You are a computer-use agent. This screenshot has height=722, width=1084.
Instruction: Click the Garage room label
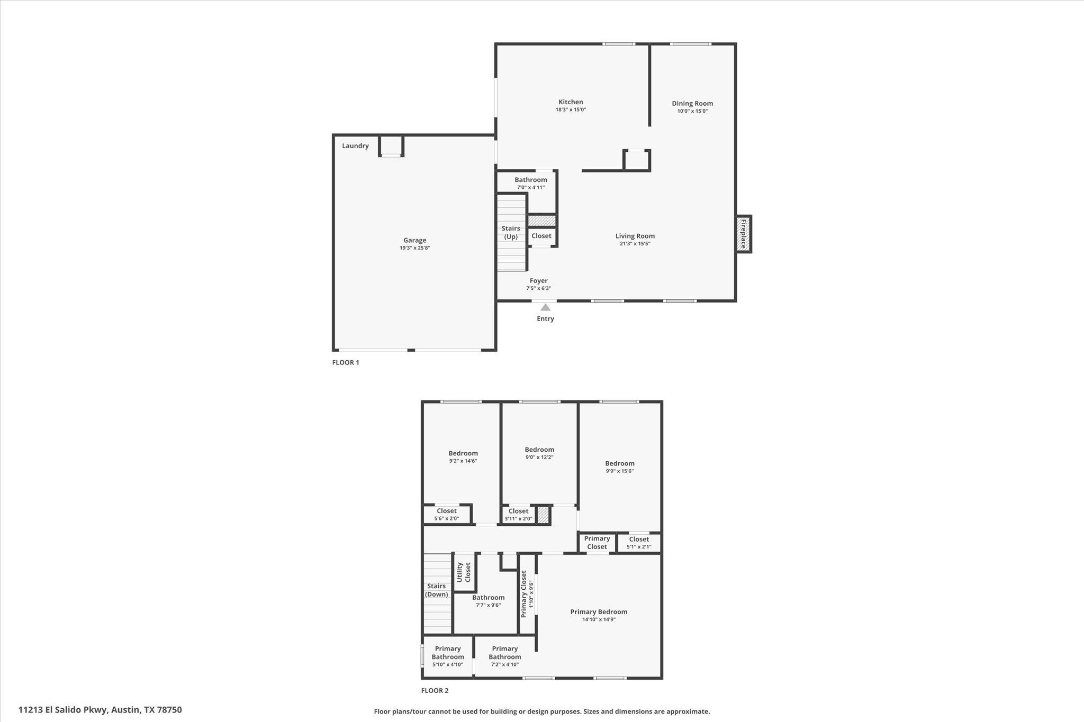tap(414, 240)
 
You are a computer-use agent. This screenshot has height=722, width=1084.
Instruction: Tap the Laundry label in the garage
tap(355, 146)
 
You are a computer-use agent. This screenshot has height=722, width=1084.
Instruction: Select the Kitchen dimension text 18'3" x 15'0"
tap(571, 110)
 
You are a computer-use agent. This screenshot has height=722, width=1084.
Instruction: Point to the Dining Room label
tap(692, 104)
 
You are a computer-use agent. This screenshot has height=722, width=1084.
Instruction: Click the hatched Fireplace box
tap(743, 234)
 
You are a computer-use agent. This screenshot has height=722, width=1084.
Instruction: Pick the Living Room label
tap(635, 236)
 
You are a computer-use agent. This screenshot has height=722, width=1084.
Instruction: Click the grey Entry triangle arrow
tap(545, 307)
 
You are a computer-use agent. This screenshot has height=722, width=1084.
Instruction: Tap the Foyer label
tap(538, 281)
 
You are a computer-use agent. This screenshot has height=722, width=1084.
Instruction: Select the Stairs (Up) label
tap(511, 233)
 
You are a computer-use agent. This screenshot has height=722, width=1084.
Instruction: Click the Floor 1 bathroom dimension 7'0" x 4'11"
tap(530, 188)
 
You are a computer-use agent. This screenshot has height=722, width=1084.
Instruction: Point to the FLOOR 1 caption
tap(346, 363)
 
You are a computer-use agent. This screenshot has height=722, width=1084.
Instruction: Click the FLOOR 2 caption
tap(435, 691)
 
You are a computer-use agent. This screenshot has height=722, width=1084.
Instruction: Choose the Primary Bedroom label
tap(599, 612)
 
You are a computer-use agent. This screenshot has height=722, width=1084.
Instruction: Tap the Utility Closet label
tap(463, 572)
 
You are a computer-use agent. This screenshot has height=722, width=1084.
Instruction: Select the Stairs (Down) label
tap(437, 590)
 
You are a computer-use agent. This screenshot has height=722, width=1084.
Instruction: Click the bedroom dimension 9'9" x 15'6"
tap(620, 471)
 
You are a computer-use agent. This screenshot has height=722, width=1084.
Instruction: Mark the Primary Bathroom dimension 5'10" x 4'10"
tap(447, 665)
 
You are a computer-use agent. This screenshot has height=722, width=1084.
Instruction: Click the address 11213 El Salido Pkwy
tap(64, 710)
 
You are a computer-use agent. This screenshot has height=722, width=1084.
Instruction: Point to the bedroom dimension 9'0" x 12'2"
tap(539, 458)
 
